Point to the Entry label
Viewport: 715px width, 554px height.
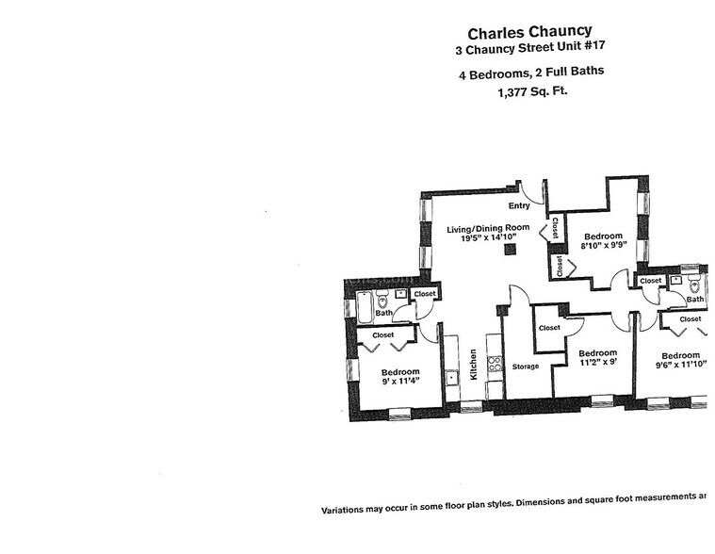pos(519,205)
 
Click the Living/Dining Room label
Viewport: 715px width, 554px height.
pos(488,228)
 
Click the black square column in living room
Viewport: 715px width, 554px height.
pos(510,250)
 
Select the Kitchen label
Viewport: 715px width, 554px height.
pos(474,365)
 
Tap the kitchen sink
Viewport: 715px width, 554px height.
pos(452,377)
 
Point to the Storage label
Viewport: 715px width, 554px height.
pos(525,366)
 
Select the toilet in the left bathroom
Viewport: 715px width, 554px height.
pos(382,301)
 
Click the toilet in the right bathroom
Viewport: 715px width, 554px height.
pos(695,285)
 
